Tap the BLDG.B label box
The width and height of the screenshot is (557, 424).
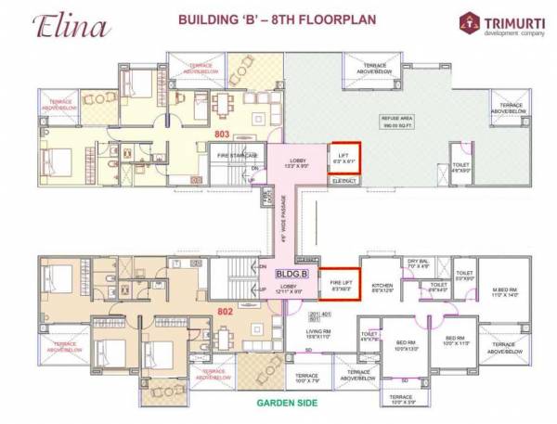(x=289, y=274)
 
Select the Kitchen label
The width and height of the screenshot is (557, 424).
(x=382, y=287)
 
